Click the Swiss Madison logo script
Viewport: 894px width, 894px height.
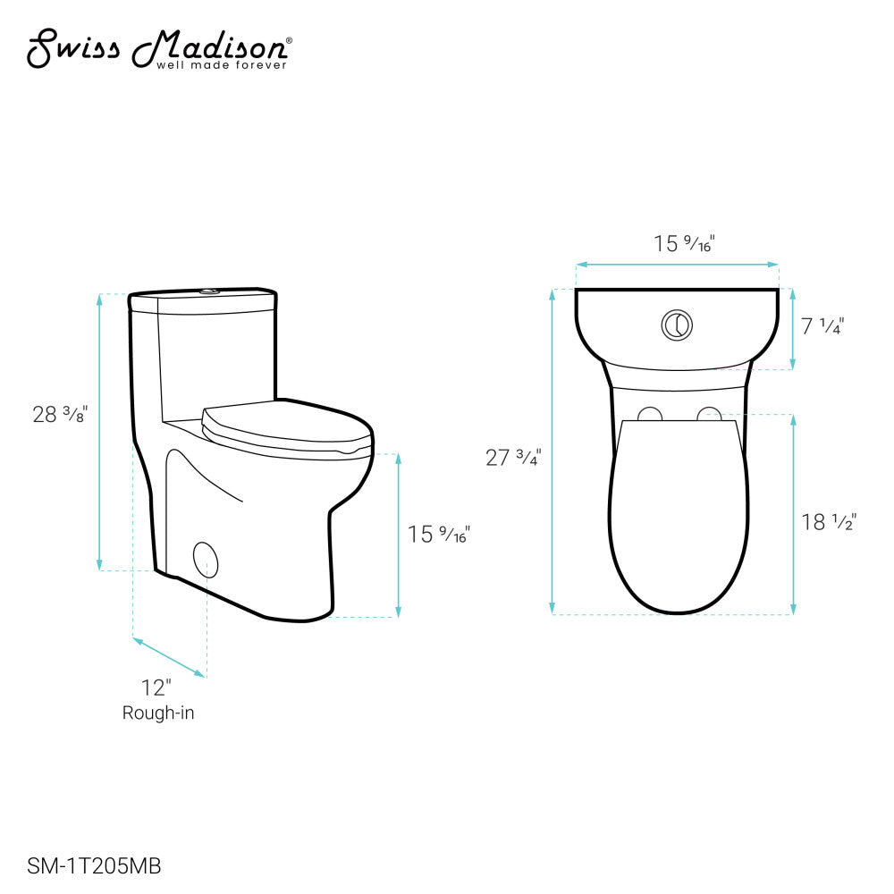pos(156,46)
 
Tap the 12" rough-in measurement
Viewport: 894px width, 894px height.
pos(156,687)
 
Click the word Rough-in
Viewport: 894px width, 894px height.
pos(158,713)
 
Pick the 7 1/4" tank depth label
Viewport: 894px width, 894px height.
pos(822,326)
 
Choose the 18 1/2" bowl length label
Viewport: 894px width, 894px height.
pos(829,523)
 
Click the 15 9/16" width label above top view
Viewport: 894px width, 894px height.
pos(684,243)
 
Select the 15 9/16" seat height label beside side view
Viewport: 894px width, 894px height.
pos(438,535)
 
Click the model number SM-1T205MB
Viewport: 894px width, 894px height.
pos(88,865)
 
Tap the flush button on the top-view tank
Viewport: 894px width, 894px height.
pos(677,325)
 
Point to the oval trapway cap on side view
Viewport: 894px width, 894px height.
pos(205,558)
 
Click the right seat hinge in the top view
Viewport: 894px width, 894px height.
pos(709,413)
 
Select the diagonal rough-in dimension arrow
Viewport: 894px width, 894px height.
pos(170,657)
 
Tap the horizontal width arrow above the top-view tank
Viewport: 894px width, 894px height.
pos(677,265)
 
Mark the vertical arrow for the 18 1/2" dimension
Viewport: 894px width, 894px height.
pos(793,514)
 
